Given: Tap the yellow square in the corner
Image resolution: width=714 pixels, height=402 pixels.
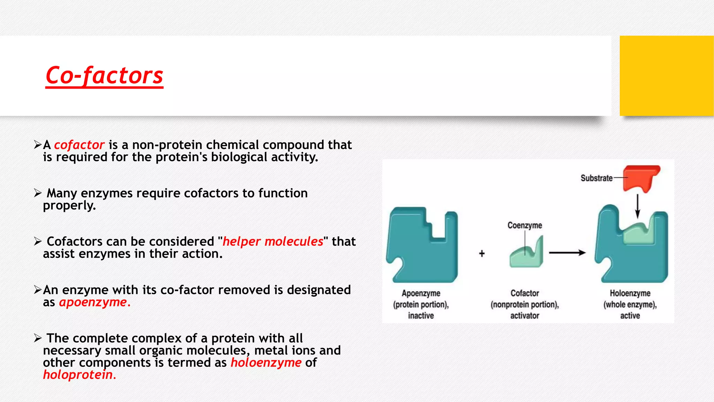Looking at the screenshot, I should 666,76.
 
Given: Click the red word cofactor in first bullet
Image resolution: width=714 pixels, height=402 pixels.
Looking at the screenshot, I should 79,145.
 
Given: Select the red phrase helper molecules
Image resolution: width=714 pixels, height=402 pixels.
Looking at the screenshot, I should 273,241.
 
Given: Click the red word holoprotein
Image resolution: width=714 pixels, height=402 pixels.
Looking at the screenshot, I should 79,375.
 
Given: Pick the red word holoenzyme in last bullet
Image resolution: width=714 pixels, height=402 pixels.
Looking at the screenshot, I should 266,363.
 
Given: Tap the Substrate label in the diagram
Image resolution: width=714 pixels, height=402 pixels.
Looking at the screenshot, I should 596,178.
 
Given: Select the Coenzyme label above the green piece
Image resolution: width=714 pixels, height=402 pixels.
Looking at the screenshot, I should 524,225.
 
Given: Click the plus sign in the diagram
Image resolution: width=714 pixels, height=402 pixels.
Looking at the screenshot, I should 482,253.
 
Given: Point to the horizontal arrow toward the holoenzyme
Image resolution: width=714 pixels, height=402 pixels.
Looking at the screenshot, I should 567,253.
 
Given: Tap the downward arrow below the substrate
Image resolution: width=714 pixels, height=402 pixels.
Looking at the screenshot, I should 638,206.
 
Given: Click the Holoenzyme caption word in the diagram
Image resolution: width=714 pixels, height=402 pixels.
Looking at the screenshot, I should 630,293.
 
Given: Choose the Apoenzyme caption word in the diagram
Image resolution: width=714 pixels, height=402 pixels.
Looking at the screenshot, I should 421,293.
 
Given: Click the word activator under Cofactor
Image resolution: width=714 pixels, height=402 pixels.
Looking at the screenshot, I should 524,316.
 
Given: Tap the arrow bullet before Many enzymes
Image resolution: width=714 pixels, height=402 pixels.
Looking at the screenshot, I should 38,193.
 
